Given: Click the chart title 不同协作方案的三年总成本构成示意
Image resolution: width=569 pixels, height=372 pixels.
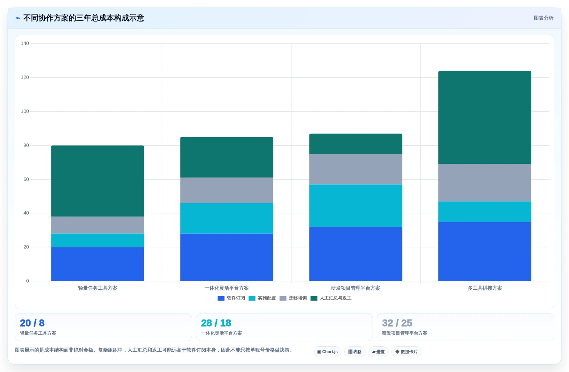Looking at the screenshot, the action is (x=83, y=18).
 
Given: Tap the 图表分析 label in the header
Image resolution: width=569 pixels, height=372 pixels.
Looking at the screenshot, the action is (x=543, y=18).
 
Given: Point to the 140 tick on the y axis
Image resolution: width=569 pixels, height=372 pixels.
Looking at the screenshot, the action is (x=25, y=43).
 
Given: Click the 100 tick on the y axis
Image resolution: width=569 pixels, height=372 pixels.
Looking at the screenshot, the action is (x=25, y=111).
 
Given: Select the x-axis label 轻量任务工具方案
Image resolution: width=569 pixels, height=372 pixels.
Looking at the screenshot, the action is (x=97, y=288).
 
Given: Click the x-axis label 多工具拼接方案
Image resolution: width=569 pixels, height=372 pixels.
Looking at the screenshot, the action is (x=485, y=288).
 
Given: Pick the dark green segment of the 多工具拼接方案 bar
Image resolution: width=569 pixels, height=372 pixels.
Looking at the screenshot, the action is (x=485, y=117).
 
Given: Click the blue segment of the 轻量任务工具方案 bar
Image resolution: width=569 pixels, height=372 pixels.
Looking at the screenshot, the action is (x=97, y=264).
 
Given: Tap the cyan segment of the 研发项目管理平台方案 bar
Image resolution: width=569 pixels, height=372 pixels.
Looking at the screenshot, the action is (x=356, y=205).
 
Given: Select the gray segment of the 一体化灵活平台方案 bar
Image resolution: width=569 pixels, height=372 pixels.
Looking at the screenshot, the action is (x=227, y=190).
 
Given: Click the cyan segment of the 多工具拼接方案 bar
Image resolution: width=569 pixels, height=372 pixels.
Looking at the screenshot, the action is (x=485, y=211).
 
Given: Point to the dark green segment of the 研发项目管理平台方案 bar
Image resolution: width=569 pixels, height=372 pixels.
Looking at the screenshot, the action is (x=356, y=144).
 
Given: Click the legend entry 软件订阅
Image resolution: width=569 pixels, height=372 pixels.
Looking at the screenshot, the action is (x=231, y=298).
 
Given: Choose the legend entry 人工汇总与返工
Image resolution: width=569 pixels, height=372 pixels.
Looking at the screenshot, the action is (x=331, y=298).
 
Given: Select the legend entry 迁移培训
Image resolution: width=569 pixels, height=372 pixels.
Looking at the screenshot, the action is (x=293, y=298).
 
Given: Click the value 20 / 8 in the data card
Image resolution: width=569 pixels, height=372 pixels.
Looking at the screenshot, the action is (x=32, y=323).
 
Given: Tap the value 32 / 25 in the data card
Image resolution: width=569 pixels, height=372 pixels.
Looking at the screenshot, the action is (x=397, y=323).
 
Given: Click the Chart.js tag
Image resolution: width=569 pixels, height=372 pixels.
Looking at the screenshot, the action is (x=327, y=352).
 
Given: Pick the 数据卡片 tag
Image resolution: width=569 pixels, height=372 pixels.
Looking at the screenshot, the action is (x=406, y=352).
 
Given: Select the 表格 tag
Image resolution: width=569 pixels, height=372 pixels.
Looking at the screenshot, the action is (x=355, y=352).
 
